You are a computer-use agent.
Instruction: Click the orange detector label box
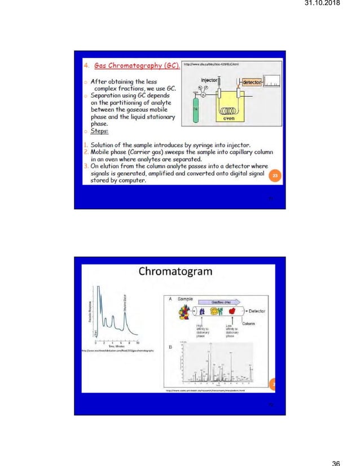pyautogui.click(x=251, y=82)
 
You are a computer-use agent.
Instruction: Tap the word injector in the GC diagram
pyautogui.click(x=210, y=80)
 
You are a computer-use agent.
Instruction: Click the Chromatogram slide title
pyautogui.click(x=176, y=271)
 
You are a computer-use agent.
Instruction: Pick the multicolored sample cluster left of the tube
pyautogui.click(x=185, y=311)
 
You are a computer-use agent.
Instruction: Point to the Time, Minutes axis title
pyautogui.click(x=116, y=346)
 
